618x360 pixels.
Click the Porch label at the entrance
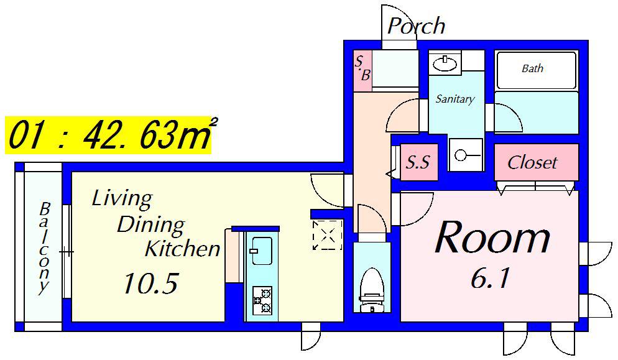(x=416, y=26)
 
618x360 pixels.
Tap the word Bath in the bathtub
(x=532, y=68)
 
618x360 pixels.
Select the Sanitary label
(x=455, y=99)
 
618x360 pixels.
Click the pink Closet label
(x=532, y=162)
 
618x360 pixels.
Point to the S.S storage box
(x=418, y=162)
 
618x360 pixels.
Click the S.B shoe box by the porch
(x=362, y=71)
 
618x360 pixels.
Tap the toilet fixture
(x=372, y=289)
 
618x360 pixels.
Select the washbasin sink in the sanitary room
(x=445, y=63)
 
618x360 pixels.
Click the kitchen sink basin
(x=261, y=251)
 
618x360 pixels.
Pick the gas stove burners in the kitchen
(x=262, y=300)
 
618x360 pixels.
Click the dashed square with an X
(x=327, y=235)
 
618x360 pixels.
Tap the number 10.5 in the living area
(x=150, y=284)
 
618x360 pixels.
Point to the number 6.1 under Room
(x=490, y=279)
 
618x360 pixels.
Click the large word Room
(x=492, y=237)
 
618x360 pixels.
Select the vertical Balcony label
(x=44, y=248)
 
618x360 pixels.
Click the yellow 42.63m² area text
(x=146, y=136)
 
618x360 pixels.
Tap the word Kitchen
(x=183, y=248)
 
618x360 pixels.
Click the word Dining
(x=150, y=225)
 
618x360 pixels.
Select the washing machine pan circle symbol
(x=459, y=155)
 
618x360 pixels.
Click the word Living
(x=122, y=199)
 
